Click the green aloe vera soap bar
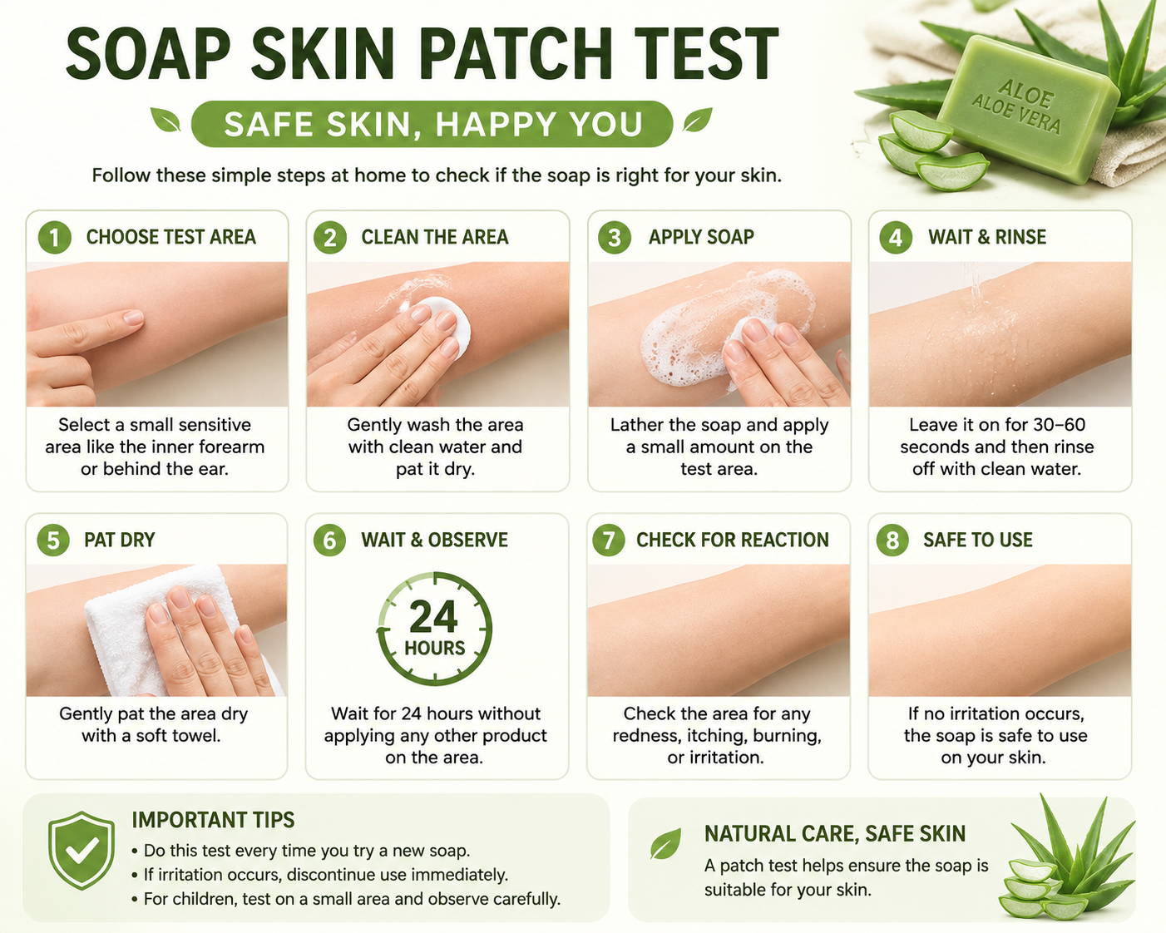point(1028,108)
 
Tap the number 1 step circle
point(55,237)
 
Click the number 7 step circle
point(609,541)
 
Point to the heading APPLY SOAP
point(701,237)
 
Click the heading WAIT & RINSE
point(987,237)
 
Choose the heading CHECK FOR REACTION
point(733,540)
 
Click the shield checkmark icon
point(82,850)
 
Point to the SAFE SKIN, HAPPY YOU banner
point(432,124)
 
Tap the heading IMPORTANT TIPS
point(213,820)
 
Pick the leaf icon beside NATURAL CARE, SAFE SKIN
point(666,843)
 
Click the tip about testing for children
point(346,899)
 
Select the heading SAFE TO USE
point(978,540)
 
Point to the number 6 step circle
point(329,541)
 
